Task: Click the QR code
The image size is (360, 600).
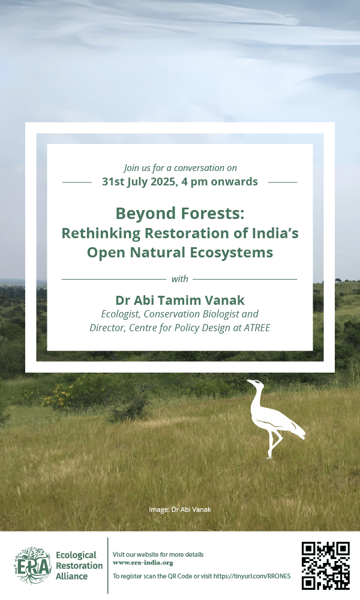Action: (326, 565)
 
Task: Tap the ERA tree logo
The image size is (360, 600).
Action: (33, 566)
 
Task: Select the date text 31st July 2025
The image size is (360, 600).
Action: (139, 181)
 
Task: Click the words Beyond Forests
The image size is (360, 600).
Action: (180, 213)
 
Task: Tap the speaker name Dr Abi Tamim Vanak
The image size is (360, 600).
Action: (180, 300)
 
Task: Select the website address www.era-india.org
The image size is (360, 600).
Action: (143, 563)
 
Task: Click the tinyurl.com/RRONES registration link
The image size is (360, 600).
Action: (252, 576)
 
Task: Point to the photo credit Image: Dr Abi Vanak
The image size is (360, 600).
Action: (180, 509)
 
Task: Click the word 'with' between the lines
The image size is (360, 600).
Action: (180, 278)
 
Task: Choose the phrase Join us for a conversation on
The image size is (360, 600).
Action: (180, 168)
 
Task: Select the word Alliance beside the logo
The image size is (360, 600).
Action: (71, 576)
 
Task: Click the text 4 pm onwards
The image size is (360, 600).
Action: (220, 181)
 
